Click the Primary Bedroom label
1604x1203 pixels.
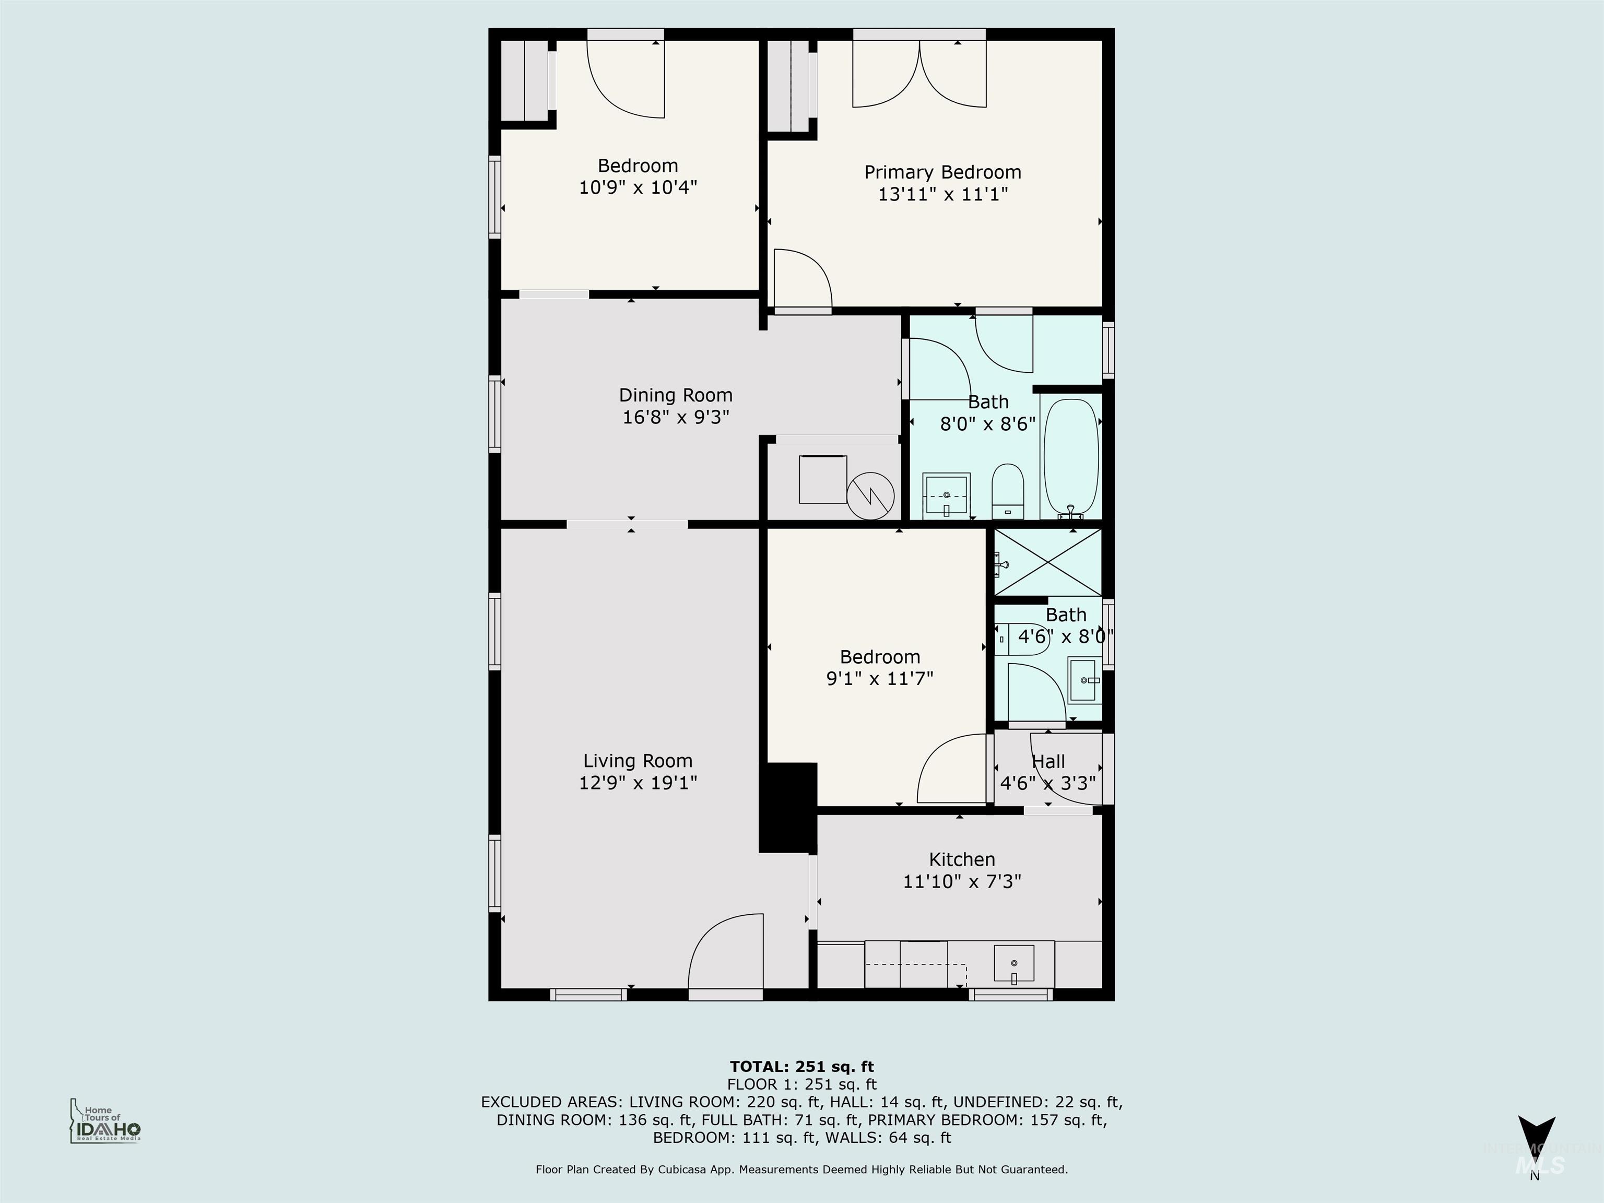(x=942, y=173)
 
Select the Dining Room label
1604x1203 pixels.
(x=675, y=395)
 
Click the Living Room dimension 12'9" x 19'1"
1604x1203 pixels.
(x=638, y=783)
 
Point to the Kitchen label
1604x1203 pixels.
(x=962, y=859)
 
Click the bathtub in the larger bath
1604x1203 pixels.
(x=1070, y=457)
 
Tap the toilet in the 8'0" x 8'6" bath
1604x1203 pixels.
(x=1007, y=492)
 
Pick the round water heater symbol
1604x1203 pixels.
(x=871, y=496)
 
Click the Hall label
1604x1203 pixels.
(x=1048, y=761)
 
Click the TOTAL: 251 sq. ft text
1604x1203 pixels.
(x=801, y=1067)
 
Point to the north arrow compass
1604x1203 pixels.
(x=1536, y=1143)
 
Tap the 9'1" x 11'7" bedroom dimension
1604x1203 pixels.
(x=880, y=679)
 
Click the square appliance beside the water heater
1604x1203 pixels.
(x=822, y=479)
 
